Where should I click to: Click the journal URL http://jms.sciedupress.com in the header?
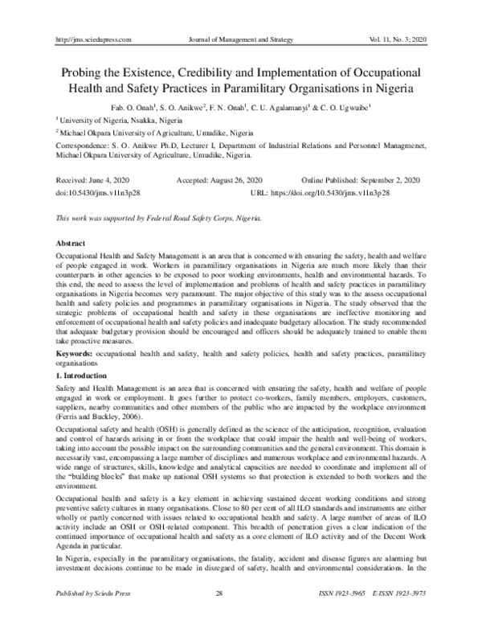91,39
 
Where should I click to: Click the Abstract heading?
71,242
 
